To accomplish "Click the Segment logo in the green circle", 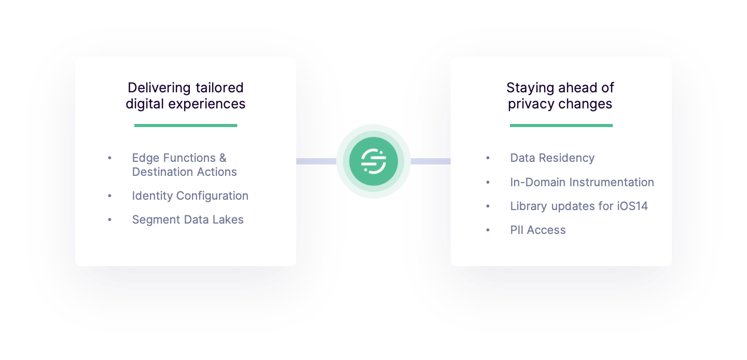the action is click(374, 161).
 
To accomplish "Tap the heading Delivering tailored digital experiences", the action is click(185, 96).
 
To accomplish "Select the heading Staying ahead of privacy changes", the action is click(560, 96).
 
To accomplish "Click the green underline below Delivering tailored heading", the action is click(185, 125).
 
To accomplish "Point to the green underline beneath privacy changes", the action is click(561, 125).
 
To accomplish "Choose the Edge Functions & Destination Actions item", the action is click(184, 165).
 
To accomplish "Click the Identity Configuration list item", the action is click(190, 196).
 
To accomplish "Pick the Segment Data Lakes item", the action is click(187, 219).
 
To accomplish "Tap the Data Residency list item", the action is click(552, 158).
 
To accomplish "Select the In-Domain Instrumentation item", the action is click(582, 182).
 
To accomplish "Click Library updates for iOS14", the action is click(578, 206).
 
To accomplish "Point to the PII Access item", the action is click(537, 230).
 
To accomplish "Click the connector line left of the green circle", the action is click(316, 161).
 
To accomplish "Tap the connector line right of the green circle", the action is click(431, 161).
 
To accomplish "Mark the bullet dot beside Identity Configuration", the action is click(109, 196).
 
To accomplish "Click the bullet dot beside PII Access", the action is click(488, 230).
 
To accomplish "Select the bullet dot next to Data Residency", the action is click(488, 158).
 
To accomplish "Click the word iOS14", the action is click(632, 206).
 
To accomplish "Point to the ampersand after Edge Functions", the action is click(223, 158).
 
